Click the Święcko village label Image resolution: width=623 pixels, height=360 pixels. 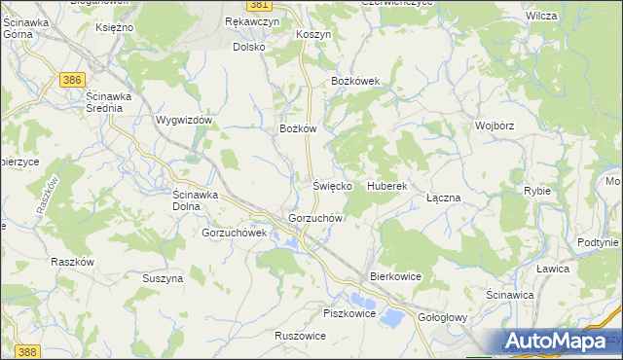[x=331, y=185]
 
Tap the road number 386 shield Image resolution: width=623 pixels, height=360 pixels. [x=69, y=79]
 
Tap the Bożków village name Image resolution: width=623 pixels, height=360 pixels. [x=299, y=128]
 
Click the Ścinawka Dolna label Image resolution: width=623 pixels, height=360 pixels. [x=199, y=199]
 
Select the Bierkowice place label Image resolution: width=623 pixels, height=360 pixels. [x=395, y=276]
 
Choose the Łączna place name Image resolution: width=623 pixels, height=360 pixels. [x=443, y=198]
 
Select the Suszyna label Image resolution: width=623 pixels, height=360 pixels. [x=163, y=278]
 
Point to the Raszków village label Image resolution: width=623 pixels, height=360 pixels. [x=72, y=262]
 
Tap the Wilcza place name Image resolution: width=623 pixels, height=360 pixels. [x=568, y=17]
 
